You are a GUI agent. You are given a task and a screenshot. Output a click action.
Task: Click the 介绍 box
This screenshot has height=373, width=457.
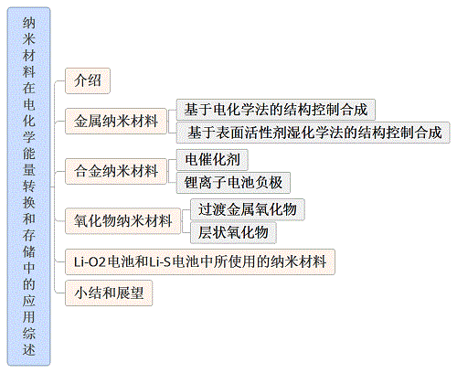pos(88,80)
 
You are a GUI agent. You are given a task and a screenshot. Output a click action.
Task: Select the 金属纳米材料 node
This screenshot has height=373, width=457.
pos(116,121)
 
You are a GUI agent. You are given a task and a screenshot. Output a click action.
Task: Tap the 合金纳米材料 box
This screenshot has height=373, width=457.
pos(116,171)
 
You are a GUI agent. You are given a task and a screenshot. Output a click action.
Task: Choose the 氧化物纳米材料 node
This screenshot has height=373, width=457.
pos(122,221)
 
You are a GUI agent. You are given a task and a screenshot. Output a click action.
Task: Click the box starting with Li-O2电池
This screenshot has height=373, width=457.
pos(200,261)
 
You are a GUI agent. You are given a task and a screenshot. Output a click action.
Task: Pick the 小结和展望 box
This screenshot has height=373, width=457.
pos(109,293)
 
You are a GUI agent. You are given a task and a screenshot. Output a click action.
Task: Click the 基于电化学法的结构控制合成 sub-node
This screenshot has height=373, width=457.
pos(276,110)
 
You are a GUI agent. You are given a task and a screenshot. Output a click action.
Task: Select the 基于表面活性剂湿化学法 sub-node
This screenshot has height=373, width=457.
pos(314,133)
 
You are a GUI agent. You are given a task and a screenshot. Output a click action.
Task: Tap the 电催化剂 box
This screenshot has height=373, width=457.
pos(212,160)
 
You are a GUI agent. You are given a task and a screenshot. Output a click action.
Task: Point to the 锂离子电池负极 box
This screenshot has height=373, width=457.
pos(233,183)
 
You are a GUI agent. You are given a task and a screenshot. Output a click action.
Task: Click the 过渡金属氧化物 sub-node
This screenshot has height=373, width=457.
pos(248,209)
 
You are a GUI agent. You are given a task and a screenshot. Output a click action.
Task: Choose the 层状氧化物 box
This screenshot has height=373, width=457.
pos(233,232)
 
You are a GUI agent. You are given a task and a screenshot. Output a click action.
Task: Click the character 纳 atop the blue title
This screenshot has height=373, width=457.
pos(29,23)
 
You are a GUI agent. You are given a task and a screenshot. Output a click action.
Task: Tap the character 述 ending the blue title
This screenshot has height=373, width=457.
pos(29,349)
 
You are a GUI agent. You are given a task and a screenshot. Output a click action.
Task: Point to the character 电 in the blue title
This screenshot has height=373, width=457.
pos(29,104)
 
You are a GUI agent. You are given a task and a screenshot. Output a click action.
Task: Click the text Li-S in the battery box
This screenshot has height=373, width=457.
pos(160,262)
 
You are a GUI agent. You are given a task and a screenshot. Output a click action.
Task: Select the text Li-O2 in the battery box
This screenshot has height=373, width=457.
pos(90,262)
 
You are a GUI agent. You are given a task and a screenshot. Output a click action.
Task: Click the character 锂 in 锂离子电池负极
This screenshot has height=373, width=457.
pos(191,183)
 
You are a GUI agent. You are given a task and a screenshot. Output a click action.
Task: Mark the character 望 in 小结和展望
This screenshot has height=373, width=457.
pos(137,293)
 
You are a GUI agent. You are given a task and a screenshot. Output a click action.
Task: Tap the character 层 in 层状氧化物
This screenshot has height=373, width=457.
pos(206,232)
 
